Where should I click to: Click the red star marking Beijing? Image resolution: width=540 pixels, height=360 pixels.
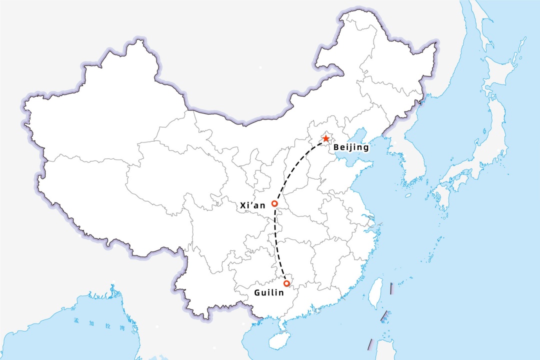pyautogui.click(x=325, y=138)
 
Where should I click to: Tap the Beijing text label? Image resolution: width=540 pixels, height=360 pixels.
pyautogui.click(x=351, y=147)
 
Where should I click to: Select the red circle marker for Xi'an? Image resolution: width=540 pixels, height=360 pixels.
pyautogui.click(x=274, y=204)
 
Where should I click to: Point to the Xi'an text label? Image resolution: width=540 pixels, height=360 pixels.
pyautogui.click(x=253, y=205)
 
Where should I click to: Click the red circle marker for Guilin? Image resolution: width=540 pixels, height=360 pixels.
pyautogui.click(x=286, y=283)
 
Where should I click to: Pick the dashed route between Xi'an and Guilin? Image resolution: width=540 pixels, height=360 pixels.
pyautogui.click(x=276, y=245)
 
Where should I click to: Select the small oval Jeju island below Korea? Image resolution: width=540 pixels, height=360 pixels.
pyautogui.click(x=408, y=195)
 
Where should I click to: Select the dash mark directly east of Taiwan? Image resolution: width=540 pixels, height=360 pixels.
pyautogui.click(x=391, y=288)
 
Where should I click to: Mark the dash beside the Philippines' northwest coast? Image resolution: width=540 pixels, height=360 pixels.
pyautogui.click(x=370, y=344)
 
